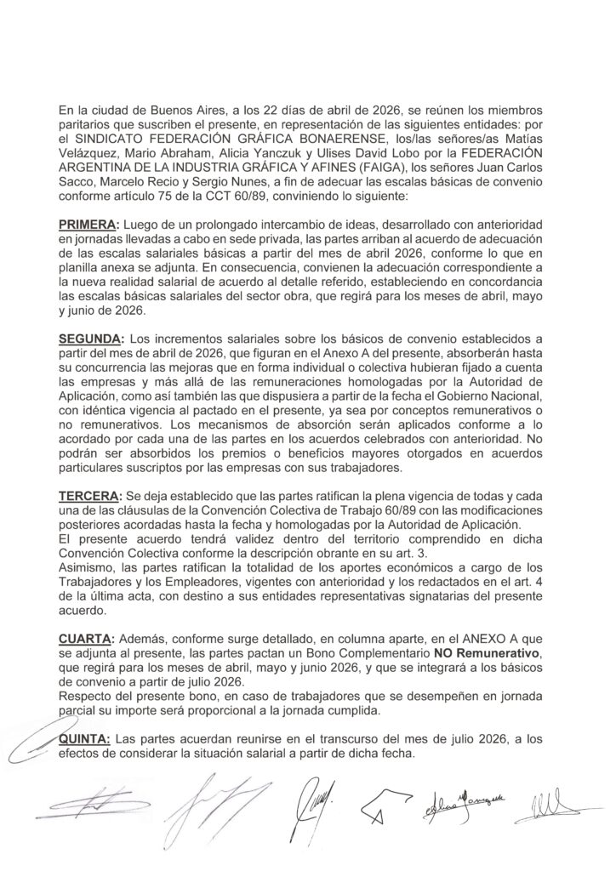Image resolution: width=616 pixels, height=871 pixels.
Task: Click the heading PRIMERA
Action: pos(88,223)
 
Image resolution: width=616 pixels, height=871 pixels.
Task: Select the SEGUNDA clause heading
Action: pos(90,338)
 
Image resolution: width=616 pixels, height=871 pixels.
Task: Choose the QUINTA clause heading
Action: pos(87,740)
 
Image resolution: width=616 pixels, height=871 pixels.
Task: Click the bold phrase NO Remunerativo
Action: pos(478,652)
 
